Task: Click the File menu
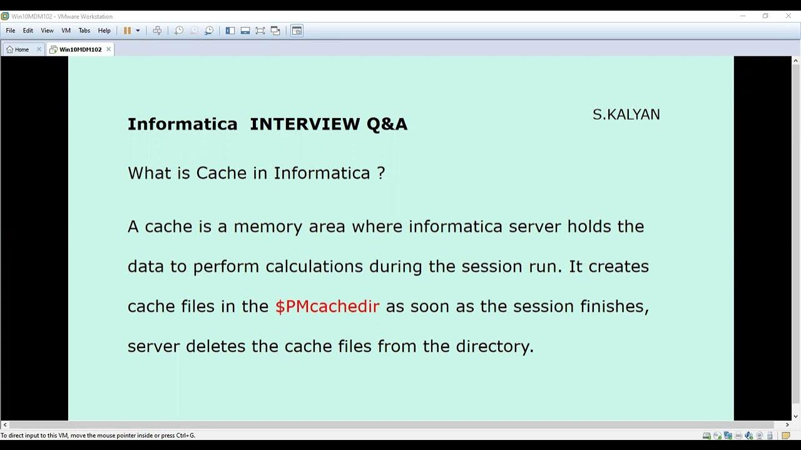click(x=11, y=31)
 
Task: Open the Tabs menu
click(x=84, y=31)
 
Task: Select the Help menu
click(x=104, y=31)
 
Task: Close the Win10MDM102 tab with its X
click(x=108, y=49)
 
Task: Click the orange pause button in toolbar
click(x=127, y=31)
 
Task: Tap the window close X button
click(x=788, y=16)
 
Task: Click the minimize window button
click(x=743, y=16)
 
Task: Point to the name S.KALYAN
click(x=626, y=115)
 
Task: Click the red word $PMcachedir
click(x=327, y=306)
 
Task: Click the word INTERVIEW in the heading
click(x=305, y=124)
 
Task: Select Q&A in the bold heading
click(x=387, y=124)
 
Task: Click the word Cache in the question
click(x=222, y=173)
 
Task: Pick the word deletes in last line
click(x=216, y=346)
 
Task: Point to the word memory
click(x=268, y=226)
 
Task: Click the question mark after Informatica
click(x=381, y=173)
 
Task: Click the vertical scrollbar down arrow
click(x=796, y=416)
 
